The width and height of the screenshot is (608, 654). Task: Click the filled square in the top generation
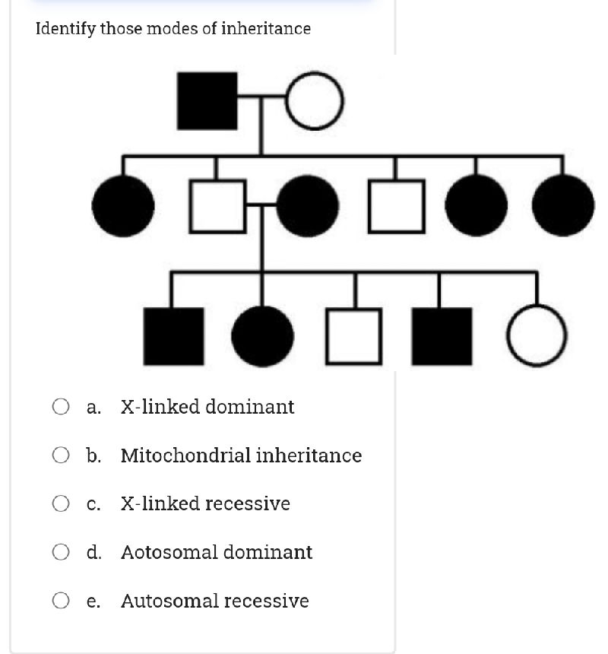tap(207, 100)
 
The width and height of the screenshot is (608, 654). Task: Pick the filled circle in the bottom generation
tap(262, 335)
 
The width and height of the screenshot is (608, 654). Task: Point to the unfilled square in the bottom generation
tap(354, 335)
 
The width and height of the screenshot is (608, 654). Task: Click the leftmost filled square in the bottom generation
tap(174, 335)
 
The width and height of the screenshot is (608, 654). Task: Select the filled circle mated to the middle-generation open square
tap(307, 205)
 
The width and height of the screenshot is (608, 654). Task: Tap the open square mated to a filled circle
tap(217, 205)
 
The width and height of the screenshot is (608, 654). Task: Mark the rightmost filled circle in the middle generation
tap(563, 205)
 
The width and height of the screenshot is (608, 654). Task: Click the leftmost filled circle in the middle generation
tap(123, 205)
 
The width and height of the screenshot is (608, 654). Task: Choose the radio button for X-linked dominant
tap(62, 407)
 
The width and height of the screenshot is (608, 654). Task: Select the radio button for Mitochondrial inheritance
tap(62, 456)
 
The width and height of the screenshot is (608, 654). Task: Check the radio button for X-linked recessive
tap(62, 503)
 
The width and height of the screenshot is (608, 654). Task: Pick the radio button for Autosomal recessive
tap(62, 601)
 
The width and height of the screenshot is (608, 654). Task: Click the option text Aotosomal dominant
tap(216, 552)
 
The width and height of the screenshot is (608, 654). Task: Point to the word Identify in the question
tap(65, 29)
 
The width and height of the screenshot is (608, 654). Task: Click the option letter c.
tap(93, 504)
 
